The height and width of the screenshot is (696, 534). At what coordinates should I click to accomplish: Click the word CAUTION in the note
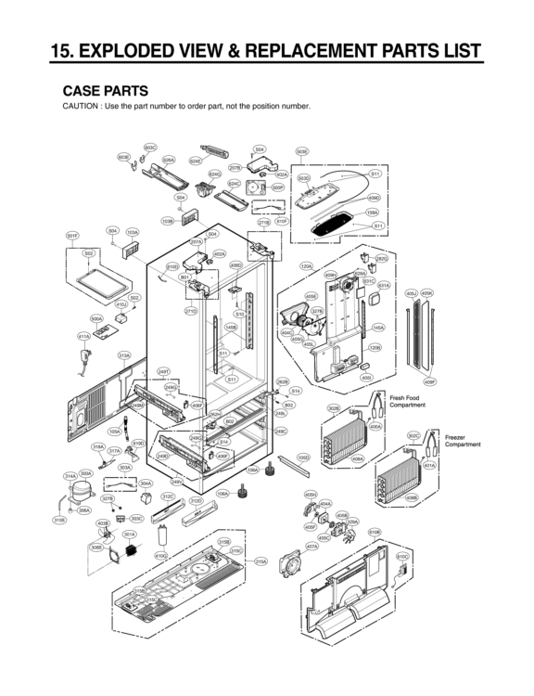82,106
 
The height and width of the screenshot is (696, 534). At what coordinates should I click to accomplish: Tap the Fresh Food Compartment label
407,401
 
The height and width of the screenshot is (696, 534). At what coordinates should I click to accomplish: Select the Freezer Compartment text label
463,440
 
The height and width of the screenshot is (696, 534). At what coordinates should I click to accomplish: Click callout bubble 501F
71,237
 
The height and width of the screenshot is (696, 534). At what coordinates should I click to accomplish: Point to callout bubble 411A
83,336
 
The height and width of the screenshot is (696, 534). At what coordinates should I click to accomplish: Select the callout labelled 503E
301,151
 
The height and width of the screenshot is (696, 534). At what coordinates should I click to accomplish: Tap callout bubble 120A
306,266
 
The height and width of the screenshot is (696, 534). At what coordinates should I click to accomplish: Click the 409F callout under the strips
430,381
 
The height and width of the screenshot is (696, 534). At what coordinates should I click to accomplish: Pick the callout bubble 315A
261,561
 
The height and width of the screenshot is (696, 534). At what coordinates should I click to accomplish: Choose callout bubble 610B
375,532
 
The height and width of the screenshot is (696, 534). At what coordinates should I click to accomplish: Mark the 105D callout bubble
303,458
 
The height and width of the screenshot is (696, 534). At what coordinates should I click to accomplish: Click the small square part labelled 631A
383,299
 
